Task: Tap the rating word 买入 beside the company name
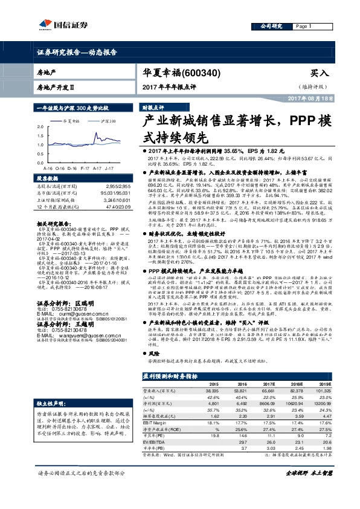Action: (x=320, y=73)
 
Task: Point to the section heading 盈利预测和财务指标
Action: (x=171, y=375)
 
